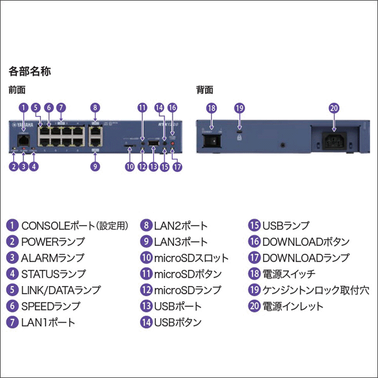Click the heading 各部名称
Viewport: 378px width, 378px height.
[30, 71]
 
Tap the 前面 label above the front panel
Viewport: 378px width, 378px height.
[17, 90]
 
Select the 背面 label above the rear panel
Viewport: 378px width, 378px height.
[205, 90]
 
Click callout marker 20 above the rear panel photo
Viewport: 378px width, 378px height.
[334, 108]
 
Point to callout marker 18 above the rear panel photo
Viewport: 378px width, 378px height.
[212, 108]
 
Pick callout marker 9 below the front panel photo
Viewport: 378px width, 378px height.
[94, 167]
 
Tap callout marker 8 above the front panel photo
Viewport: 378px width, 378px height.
[94, 108]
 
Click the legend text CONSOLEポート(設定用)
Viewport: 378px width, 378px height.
[75, 225]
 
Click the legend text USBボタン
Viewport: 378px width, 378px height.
[178, 323]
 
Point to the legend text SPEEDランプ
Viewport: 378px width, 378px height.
[51, 307]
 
